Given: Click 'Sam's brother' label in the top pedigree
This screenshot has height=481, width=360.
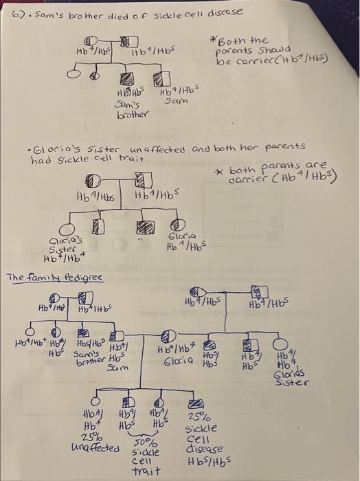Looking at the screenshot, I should [x=128, y=107].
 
